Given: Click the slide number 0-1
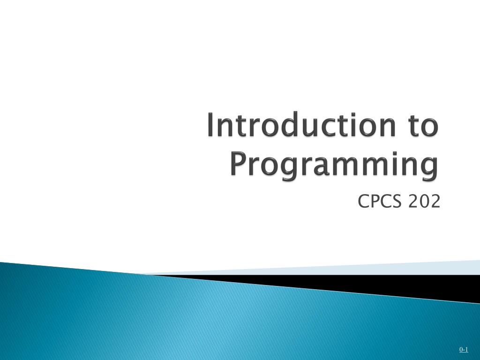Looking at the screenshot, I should [464, 349].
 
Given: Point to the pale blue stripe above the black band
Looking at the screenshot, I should [375, 269].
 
